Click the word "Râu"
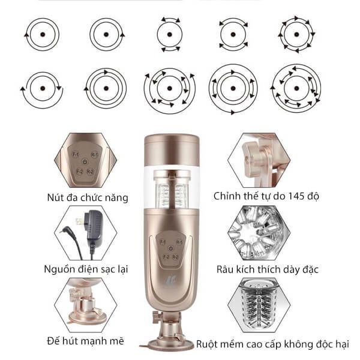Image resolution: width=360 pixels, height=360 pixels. pos(225,269)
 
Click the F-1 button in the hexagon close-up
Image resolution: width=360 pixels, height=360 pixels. pos(76,155)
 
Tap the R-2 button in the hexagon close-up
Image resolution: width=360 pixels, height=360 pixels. pos(90,172)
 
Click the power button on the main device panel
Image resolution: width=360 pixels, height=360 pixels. pos(170,248)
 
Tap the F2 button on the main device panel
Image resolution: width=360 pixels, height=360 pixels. pos(166,257)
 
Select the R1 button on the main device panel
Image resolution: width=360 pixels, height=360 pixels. pos(179,242)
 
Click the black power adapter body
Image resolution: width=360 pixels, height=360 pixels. pos(94,227)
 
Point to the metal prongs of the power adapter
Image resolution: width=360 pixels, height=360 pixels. pos(79,221)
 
